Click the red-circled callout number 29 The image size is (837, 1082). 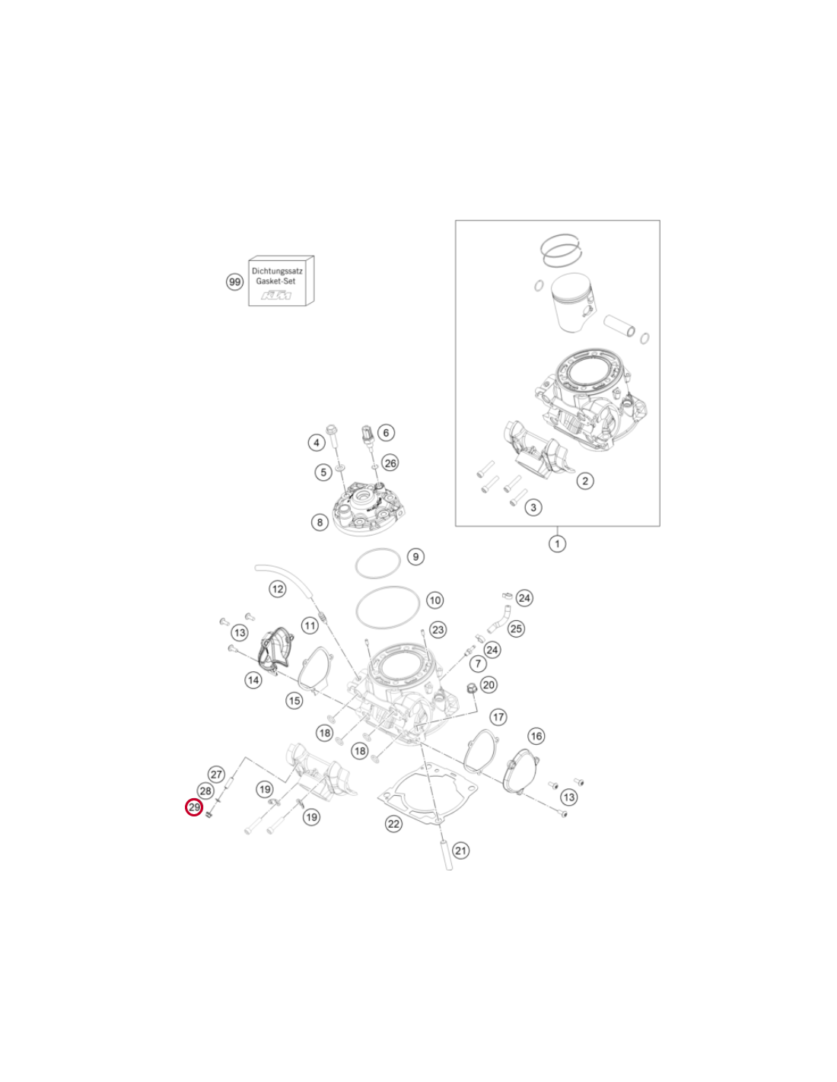coord(194,807)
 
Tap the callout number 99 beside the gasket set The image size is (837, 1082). coord(234,282)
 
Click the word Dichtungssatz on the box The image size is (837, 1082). coord(277,272)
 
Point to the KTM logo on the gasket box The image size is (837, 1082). coord(276,296)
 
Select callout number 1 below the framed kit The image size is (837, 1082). coord(557,543)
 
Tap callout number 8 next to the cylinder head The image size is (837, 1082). coord(320,522)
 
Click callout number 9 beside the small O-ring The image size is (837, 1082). coord(415,556)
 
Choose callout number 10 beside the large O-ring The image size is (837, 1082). coord(435,600)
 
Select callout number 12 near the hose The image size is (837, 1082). coord(277,589)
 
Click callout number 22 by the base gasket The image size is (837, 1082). coord(393,824)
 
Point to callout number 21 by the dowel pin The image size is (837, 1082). coord(460,850)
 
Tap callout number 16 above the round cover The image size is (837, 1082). coord(536,736)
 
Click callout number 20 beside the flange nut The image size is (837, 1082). coord(489,685)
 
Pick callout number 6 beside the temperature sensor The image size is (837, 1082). coord(386,433)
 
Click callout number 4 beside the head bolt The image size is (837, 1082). coord(317,442)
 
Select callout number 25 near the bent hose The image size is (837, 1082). coord(517,629)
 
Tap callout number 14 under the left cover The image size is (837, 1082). coord(253,679)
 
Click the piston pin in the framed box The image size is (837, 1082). coord(620,325)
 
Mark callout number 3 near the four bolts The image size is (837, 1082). coord(533,508)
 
